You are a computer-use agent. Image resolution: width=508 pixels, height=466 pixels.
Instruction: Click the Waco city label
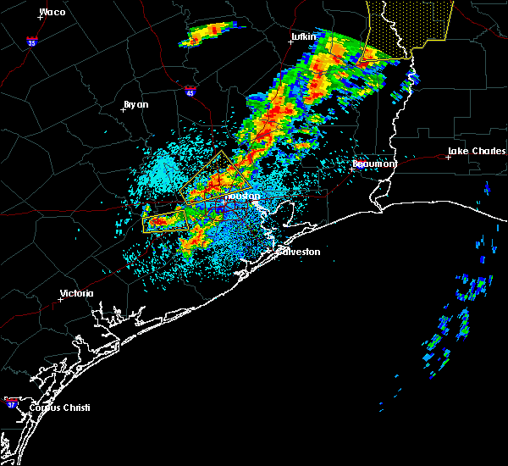pyautogui.click(x=53, y=12)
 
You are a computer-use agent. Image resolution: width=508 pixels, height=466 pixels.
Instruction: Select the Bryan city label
pyautogui.click(x=135, y=104)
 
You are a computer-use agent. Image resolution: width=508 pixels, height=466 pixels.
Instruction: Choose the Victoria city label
pyautogui.click(x=76, y=294)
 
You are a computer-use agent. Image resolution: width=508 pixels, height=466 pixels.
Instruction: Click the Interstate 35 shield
pyautogui.click(x=31, y=41)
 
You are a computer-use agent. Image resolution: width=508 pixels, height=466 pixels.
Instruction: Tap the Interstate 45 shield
pyautogui.click(x=190, y=91)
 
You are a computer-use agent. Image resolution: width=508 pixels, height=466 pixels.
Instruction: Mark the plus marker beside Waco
pyautogui.click(x=41, y=17)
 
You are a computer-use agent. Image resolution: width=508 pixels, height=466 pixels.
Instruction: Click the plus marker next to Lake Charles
pyautogui.click(x=448, y=157)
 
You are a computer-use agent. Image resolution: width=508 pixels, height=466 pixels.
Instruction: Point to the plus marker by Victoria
pyautogui.click(x=60, y=299)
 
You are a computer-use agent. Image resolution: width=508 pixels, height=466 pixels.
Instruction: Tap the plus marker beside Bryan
pyautogui.click(x=123, y=109)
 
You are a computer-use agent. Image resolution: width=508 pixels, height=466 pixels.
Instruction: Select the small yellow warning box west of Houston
pyautogui.click(x=165, y=221)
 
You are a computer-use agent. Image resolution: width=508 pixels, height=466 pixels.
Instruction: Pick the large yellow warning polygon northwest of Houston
pyautogui.click(x=217, y=175)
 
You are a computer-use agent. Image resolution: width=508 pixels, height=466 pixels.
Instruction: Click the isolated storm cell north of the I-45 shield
pyautogui.click(x=206, y=34)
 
